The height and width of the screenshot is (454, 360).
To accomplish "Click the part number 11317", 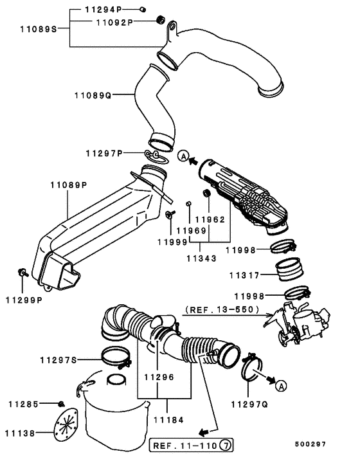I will pyautogui.click(x=244, y=275).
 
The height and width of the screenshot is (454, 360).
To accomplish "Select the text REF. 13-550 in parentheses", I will pyautogui.click(x=222, y=310).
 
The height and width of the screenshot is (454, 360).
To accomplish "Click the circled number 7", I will pyautogui.click(x=225, y=444).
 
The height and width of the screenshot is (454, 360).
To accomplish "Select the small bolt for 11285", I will pyautogui.click(x=61, y=404).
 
